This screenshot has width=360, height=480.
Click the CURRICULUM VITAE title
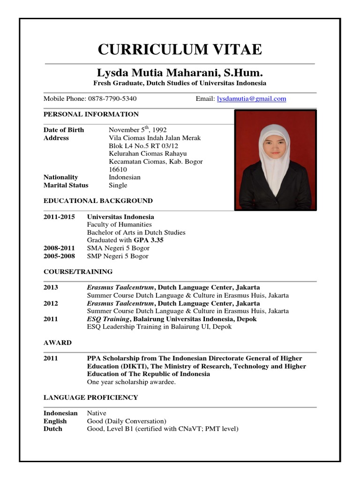(180, 49)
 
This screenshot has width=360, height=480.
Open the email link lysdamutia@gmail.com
(251, 99)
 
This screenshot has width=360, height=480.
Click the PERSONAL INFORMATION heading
(91, 114)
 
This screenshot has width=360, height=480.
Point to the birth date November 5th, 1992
(138, 130)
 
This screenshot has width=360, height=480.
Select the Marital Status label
(67, 185)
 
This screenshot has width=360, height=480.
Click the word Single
(118, 185)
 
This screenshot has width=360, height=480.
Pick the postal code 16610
(118, 169)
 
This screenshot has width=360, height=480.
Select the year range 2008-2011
(59, 248)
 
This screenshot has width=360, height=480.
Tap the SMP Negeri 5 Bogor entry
(118, 256)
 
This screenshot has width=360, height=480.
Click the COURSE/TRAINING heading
(78, 272)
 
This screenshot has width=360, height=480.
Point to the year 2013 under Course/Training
(51, 287)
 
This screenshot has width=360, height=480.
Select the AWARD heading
(58, 343)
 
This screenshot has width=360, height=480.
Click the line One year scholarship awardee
(131, 382)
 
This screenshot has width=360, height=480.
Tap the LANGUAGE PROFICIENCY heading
(91, 397)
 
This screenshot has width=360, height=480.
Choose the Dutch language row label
(53, 429)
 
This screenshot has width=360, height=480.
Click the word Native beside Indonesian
(97, 413)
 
